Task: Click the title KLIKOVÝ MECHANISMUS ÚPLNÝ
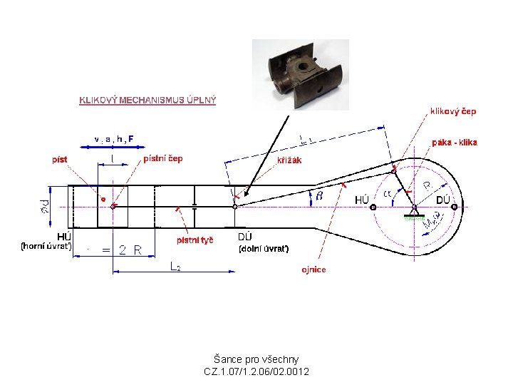[x=147, y=100]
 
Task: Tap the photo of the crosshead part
[x=300, y=73]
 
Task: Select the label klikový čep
[x=452, y=111]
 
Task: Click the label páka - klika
[x=455, y=143]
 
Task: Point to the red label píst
[x=59, y=159]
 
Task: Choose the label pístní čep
[x=162, y=158]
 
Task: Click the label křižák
[x=289, y=160]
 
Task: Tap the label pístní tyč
[x=195, y=241]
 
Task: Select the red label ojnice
[x=313, y=269]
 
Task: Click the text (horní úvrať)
[x=46, y=247]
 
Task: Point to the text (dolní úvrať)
[x=263, y=249]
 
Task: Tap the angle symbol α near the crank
[x=388, y=193]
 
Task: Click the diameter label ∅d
[x=44, y=206]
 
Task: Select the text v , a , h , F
[x=113, y=138]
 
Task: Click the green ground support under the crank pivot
[x=414, y=217]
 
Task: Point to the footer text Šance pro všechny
[x=256, y=359]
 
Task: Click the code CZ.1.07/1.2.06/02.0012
[x=256, y=371]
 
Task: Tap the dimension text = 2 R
[x=123, y=250]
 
